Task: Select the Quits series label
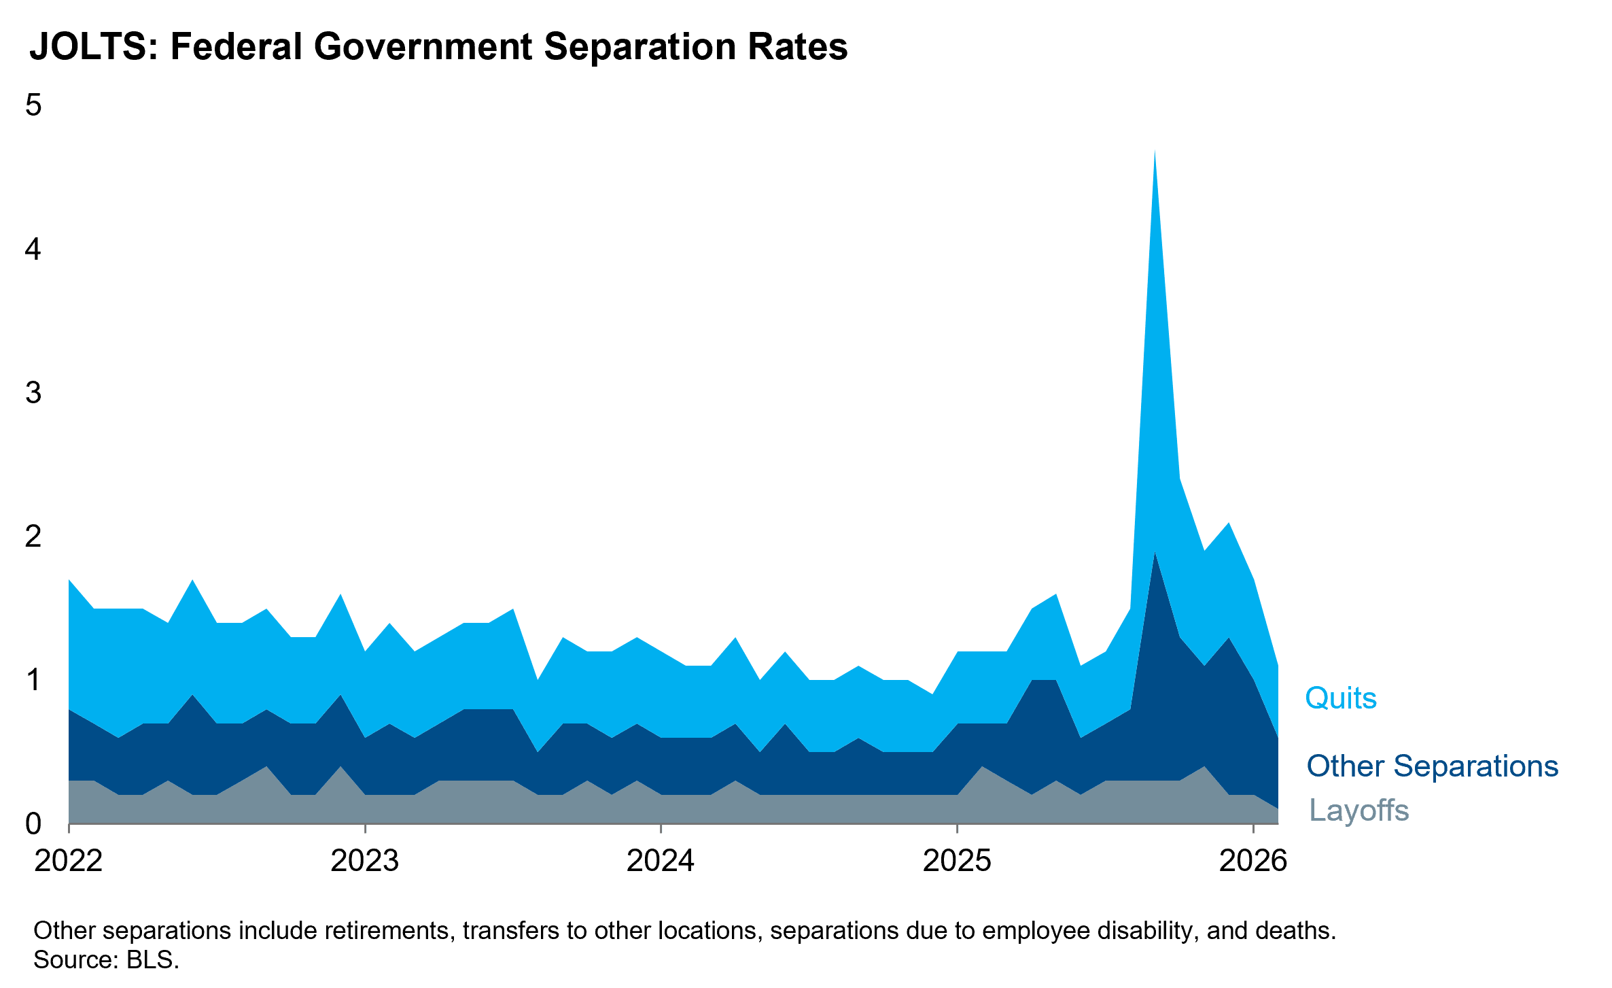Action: click(1340, 698)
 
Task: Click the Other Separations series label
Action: click(1432, 766)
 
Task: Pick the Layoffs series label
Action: click(1359, 811)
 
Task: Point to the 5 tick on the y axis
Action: click(33, 105)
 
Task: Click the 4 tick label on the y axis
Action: click(33, 250)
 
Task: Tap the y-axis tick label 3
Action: click(33, 393)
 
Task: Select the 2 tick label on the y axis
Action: click(33, 536)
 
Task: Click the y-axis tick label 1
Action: click(33, 680)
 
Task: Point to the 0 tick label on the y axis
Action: click(33, 824)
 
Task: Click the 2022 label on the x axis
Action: click(69, 861)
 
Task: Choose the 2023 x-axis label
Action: click(365, 861)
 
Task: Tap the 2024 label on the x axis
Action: click(661, 861)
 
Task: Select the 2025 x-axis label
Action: click(957, 861)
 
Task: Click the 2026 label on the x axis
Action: click(1253, 861)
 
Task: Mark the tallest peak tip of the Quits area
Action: click(1155, 152)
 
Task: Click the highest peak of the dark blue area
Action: click(1155, 553)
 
